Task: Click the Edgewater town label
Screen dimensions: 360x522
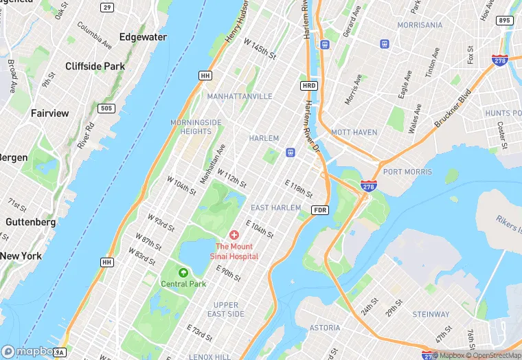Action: click(143, 37)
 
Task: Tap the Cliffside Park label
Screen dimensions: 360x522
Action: click(94, 67)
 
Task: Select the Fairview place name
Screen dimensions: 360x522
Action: click(49, 113)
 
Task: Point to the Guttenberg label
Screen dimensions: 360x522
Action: click(31, 222)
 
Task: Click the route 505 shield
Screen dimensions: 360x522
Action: click(106, 108)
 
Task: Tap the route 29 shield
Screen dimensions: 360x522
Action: click(106, 7)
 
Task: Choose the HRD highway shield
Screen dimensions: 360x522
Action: click(308, 85)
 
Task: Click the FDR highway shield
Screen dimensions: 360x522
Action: click(319, 210)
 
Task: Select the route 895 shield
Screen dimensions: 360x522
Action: click(505, 21)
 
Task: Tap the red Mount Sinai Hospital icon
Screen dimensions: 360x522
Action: click(234, 236)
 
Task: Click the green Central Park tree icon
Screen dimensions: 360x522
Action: click(183, 273)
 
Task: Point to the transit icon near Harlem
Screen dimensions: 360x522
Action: click(291, 152)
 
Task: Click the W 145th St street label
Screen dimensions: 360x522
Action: click(260, 47)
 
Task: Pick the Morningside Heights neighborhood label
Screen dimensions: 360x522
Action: click(196, 126)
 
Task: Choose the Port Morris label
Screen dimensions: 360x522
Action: click(407, 172)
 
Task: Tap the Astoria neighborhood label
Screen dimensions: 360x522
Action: click(324, 328)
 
